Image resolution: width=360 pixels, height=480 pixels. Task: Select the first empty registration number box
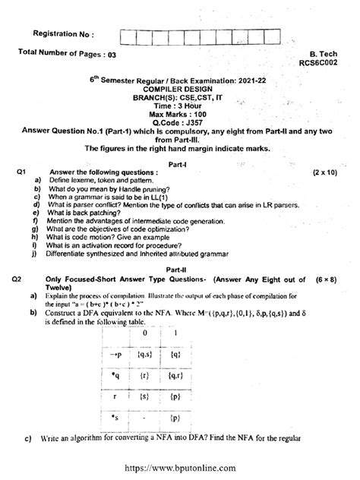tap(128, 34)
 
